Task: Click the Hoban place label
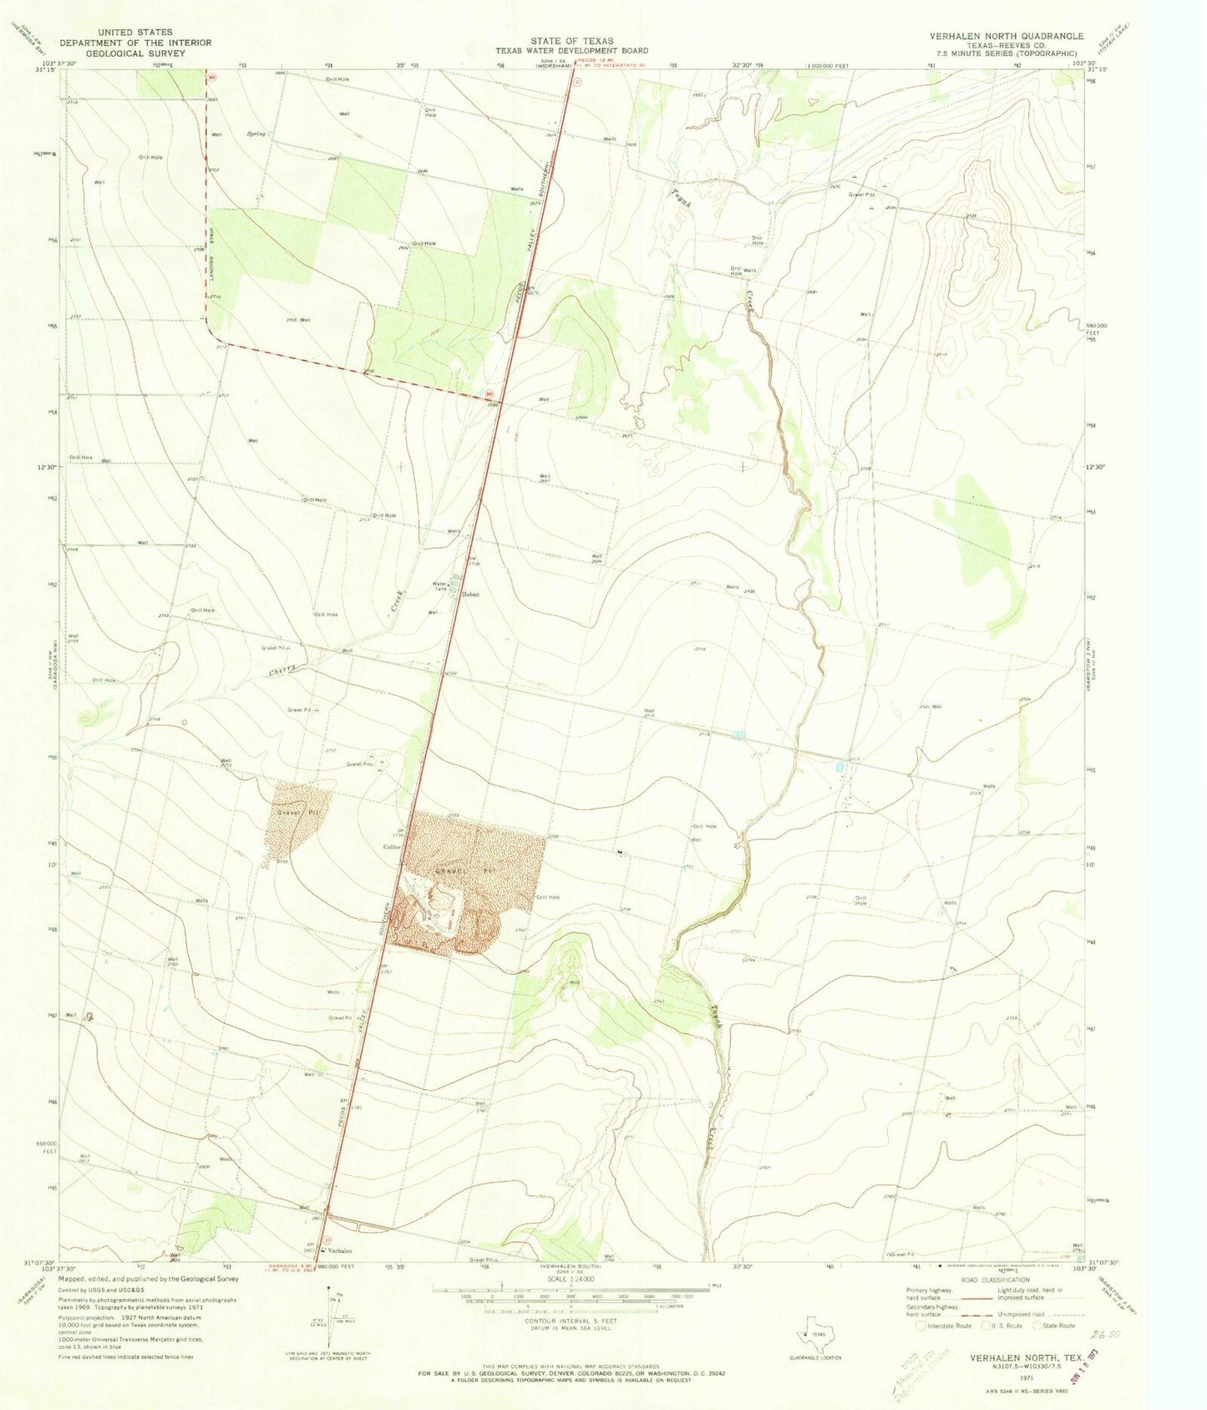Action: click(470, 595)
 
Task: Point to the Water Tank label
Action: click(440, 586)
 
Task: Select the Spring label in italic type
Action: click(256, 134)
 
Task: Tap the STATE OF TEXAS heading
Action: click(572, 41)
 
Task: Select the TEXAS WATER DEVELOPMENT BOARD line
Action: click(571, 51)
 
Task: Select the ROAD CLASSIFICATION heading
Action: click(994, 1280)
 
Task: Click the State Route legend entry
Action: click(1057, 1326)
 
